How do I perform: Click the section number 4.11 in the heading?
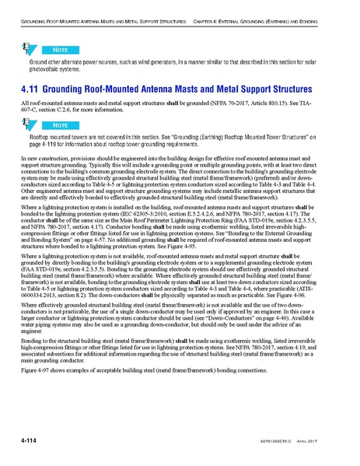tap(34, 89)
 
